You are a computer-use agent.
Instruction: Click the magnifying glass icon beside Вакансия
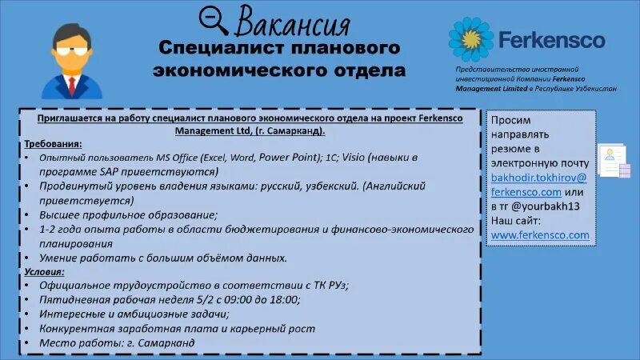(x=214, y=20)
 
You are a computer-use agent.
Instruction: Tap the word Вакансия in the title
(x=294, y=21)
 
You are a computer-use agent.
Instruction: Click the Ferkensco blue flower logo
(x=471, y=39)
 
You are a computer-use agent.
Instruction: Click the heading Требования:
(x=54, y=144)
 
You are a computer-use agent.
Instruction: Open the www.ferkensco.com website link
(x=540, y=235)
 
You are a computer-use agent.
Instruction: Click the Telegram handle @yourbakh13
(x=553, y=206)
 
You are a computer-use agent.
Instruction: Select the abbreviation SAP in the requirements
(x=114, y=172)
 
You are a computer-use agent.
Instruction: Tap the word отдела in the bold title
(x=369, y=70)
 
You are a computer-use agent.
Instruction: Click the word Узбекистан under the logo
(x=591, y=89)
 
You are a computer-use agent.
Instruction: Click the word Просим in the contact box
(x=510, y=120)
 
